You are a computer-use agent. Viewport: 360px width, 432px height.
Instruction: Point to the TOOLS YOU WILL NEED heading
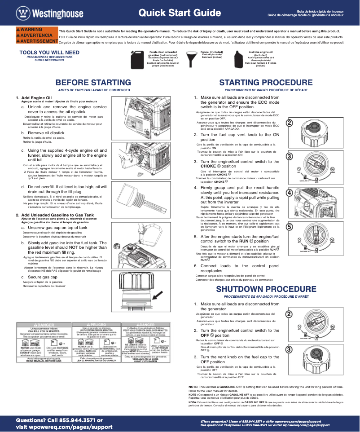[49, 53]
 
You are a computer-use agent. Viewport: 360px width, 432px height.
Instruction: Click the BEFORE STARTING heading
[93, 83]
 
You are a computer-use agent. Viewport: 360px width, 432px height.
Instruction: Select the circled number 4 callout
[290, 192]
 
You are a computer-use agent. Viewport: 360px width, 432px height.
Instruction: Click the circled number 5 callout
[290, 227]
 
